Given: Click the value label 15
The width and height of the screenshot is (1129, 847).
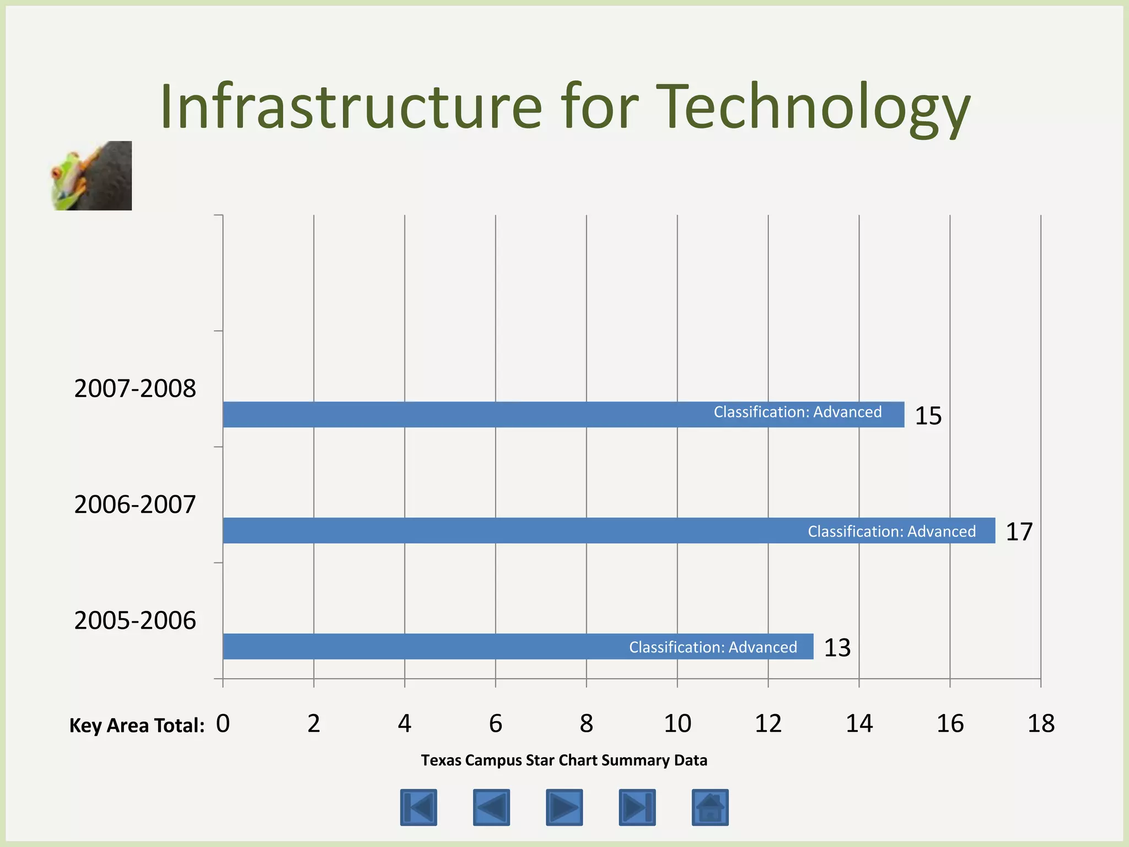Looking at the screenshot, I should tap(928, 416).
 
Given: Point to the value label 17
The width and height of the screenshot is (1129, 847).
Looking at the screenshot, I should tap(1019, 532).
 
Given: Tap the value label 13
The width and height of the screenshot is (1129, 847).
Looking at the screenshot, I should tap(837, 647).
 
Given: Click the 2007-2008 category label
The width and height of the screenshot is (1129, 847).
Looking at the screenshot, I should tap(135, 389).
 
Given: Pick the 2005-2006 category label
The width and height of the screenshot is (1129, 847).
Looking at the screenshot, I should tap(135, 620).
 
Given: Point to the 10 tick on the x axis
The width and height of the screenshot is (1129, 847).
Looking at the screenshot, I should tap(677, 723).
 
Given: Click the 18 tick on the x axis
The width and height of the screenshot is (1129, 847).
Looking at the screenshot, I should tap(1041, 723).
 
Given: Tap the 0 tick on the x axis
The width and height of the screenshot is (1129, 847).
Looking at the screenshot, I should tap(223, 723).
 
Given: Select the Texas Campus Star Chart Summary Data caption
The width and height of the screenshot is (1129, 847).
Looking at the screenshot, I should tap(564, 760).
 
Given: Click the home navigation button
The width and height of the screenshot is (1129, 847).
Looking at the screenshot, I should tap(710, 807).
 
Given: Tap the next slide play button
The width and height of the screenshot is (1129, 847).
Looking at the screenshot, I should tap(564, 807).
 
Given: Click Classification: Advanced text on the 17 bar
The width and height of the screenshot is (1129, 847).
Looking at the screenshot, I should tap(891, 532).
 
